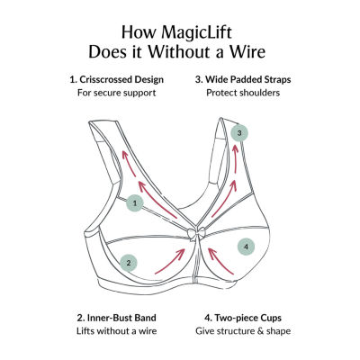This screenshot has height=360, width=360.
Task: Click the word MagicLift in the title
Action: tap(197, 32)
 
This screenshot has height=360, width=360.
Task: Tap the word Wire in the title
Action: tap(247, 51)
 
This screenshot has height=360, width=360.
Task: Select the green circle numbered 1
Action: tap(135, 203)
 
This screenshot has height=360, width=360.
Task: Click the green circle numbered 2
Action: tap(129, 264)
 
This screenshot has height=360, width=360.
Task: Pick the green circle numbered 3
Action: tap(239, 132)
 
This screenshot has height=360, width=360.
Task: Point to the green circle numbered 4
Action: tap(246, 247)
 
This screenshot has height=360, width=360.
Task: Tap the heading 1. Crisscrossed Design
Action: tap(117, 79)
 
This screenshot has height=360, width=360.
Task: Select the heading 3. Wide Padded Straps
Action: tap(243, 79)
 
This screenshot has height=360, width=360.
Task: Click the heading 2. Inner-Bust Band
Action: tap(117, 318)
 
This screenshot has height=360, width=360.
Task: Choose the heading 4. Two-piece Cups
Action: tap(243, 318)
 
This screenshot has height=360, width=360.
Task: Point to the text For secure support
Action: tap(117, 93)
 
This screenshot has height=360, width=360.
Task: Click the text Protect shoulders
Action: tap(243, 93)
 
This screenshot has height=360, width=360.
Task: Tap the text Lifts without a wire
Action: tap(117, 331)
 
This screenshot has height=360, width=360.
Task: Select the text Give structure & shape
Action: tap(243, 331)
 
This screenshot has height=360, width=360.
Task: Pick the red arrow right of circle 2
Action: tap(170, 261)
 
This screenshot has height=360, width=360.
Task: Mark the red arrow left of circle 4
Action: tap(220, 260)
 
